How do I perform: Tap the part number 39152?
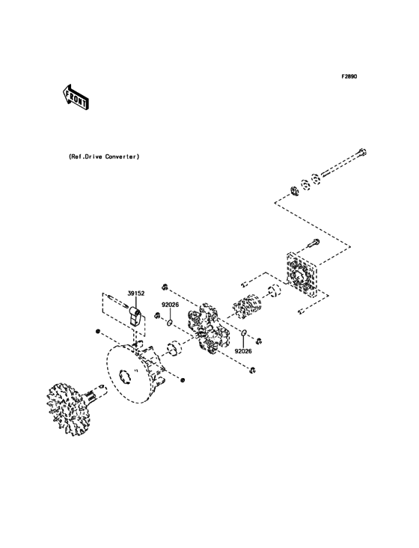coord(135,295)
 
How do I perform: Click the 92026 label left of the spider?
coord(171,305)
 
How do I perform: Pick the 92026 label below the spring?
coord(244,350)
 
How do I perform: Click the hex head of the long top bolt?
coord(361,154)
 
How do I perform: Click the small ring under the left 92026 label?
coord(171,323)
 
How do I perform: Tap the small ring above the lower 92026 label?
coord(244,333)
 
